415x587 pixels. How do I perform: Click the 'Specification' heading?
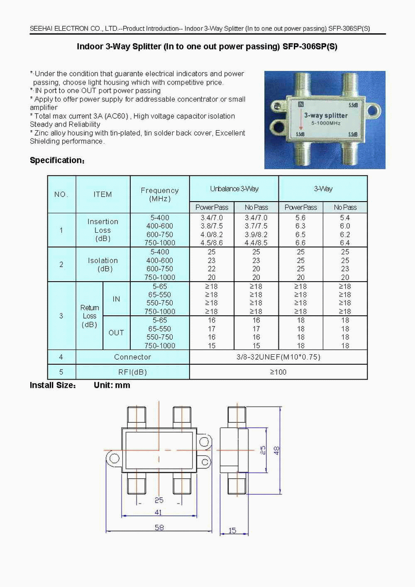click(x=57, y=161)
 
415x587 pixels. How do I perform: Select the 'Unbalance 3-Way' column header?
click(x=234, y=189)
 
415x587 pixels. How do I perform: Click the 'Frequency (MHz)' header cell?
click(x=160, y=194)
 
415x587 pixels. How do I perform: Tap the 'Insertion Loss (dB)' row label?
click(x=103, y=230)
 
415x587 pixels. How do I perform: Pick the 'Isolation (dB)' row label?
click(x=103, y=264)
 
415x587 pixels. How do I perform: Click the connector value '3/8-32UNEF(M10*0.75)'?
click(x=278, y=357)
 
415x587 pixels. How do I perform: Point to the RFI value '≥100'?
click(x=278, y=372)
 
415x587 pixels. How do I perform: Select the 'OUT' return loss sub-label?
click(x=116, y=333)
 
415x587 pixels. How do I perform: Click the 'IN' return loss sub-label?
click(x=116, y=299)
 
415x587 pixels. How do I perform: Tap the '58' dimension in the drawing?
click(x=159, y=527)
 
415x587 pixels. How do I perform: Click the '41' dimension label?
click(x=158, y=512)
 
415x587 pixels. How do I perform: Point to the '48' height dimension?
click(x=277, y=450)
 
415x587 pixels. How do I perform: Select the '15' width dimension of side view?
click(x=232, y=530)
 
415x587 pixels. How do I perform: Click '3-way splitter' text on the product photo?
click(x=326, y=115)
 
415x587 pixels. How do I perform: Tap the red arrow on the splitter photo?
click(x=301, y=120)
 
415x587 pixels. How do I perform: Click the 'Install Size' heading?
click(x=53, y=385)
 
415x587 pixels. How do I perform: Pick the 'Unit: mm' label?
click(x=112, y=385)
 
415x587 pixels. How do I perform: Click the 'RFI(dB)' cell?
click(x=132, y=372)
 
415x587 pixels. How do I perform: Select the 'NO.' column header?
click(x=61, y=194)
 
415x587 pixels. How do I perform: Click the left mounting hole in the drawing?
click(x=114, y=458)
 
